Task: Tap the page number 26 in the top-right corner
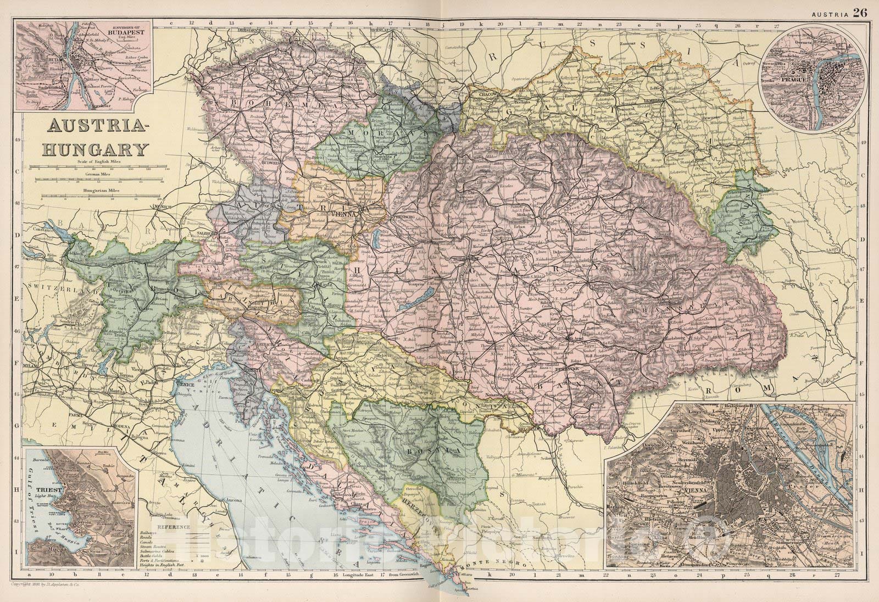coord(860,12)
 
